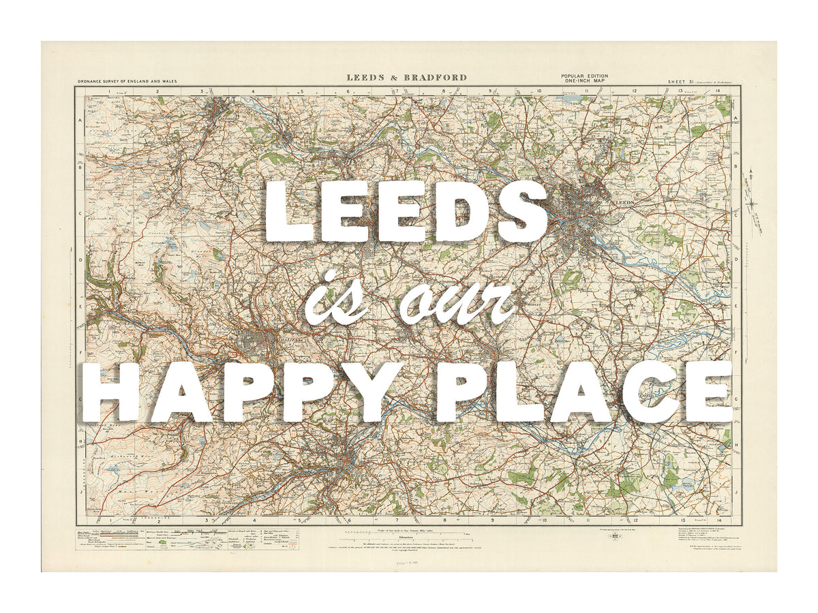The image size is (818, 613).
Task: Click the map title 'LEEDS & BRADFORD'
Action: tap(406, 78)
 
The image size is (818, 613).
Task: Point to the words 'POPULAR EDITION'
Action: tap(584, 76)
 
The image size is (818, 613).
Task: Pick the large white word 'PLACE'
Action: tap(584, 392)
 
